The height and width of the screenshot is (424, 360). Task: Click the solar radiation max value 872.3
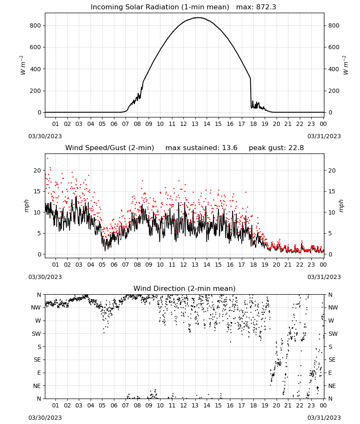(x=266, y=7)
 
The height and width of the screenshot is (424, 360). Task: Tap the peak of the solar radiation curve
(x=199, y=17)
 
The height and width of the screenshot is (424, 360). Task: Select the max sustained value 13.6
(x=230, y=148)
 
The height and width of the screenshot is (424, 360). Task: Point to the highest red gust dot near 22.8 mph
(x=48, y=159)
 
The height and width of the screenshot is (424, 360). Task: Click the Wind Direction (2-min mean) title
(x=185, y=288)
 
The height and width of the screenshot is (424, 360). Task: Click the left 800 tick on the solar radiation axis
(x=36, y=26)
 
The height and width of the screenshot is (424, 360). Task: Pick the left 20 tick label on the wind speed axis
(x=38, y=170)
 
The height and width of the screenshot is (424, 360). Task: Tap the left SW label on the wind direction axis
(x=36, y=334)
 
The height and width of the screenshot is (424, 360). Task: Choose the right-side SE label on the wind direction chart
(x=332, y=360)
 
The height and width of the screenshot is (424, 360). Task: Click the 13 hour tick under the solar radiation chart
(x=195, y=124)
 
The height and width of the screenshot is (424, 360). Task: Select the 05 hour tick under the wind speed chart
(x=102, y=265)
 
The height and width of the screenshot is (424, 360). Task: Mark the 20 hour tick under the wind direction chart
(x=276, y=406)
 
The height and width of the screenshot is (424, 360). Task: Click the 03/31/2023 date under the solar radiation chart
(x=324, y=136)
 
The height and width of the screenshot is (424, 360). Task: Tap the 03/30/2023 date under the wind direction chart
(x=45, y=418)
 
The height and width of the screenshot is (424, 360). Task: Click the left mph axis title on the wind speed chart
(x=26, y=206)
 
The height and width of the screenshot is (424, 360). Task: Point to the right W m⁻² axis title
(x=346, y=65)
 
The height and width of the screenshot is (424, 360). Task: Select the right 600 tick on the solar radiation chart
(x=334, y=47)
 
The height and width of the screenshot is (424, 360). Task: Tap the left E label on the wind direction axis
(x=39, y=373)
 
